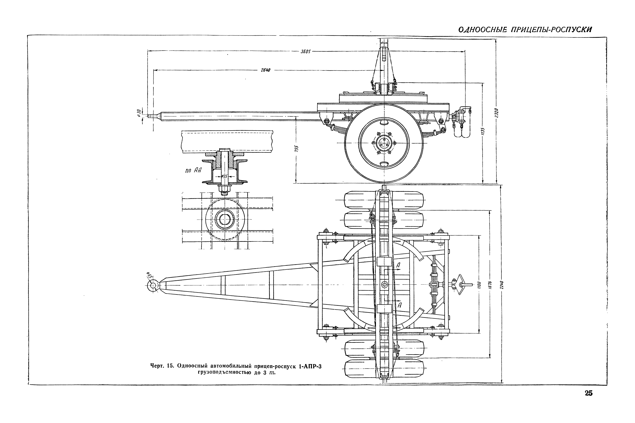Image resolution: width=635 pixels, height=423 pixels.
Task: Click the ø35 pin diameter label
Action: (224, 176)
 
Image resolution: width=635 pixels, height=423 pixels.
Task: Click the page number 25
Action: (589, 393)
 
